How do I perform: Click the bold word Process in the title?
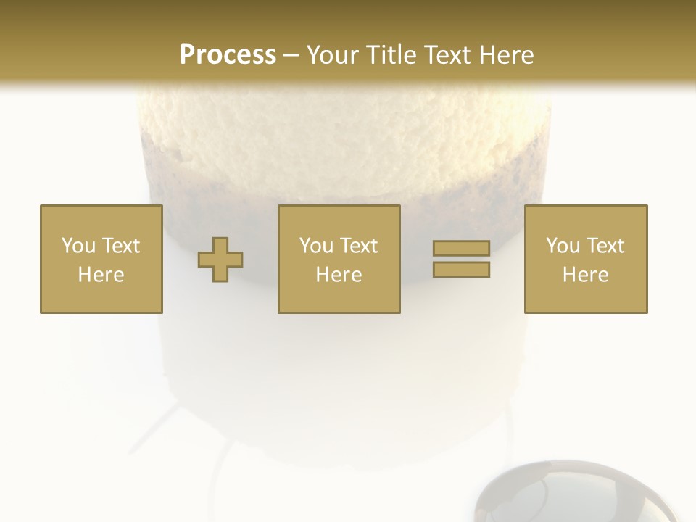coord(228,54)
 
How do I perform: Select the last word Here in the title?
coord(507,54)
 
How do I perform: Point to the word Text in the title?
coord(446,54)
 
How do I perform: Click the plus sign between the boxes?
coord(220,259)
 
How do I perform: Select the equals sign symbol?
coord(461,259)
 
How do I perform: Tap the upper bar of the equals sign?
coord(461,249)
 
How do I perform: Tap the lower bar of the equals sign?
coord(461,270)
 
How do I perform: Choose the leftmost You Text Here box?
coord(101,259)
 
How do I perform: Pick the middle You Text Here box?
coord(339,259)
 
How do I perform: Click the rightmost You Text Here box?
coord(586,259)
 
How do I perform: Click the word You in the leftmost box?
coord(78,246)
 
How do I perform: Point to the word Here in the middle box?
coord(339,275)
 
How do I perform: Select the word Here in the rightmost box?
coord(586,275)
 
